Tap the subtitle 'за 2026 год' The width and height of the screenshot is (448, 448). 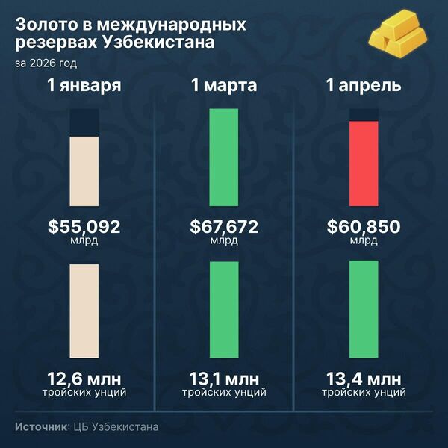coord(45,63)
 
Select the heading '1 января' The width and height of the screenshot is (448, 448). coord(84,86)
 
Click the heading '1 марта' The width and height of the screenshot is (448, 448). coord(224,86)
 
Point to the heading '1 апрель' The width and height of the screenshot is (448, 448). coord(364,86)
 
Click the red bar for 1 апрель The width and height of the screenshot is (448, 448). coord(364,162)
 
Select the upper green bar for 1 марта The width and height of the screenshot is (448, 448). coord(224,157)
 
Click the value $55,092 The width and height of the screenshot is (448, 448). coord(84,226)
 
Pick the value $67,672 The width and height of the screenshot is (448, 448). coord(224,226)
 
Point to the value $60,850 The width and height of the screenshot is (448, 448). coord(364,226)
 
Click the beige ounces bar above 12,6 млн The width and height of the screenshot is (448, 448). coord(84,310)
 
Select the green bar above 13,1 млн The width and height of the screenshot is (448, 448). coord(224,310)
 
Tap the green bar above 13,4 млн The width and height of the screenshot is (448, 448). coord(364,310)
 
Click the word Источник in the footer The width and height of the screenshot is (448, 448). coord(42,427)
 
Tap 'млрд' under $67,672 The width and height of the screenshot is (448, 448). coord(224,241)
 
